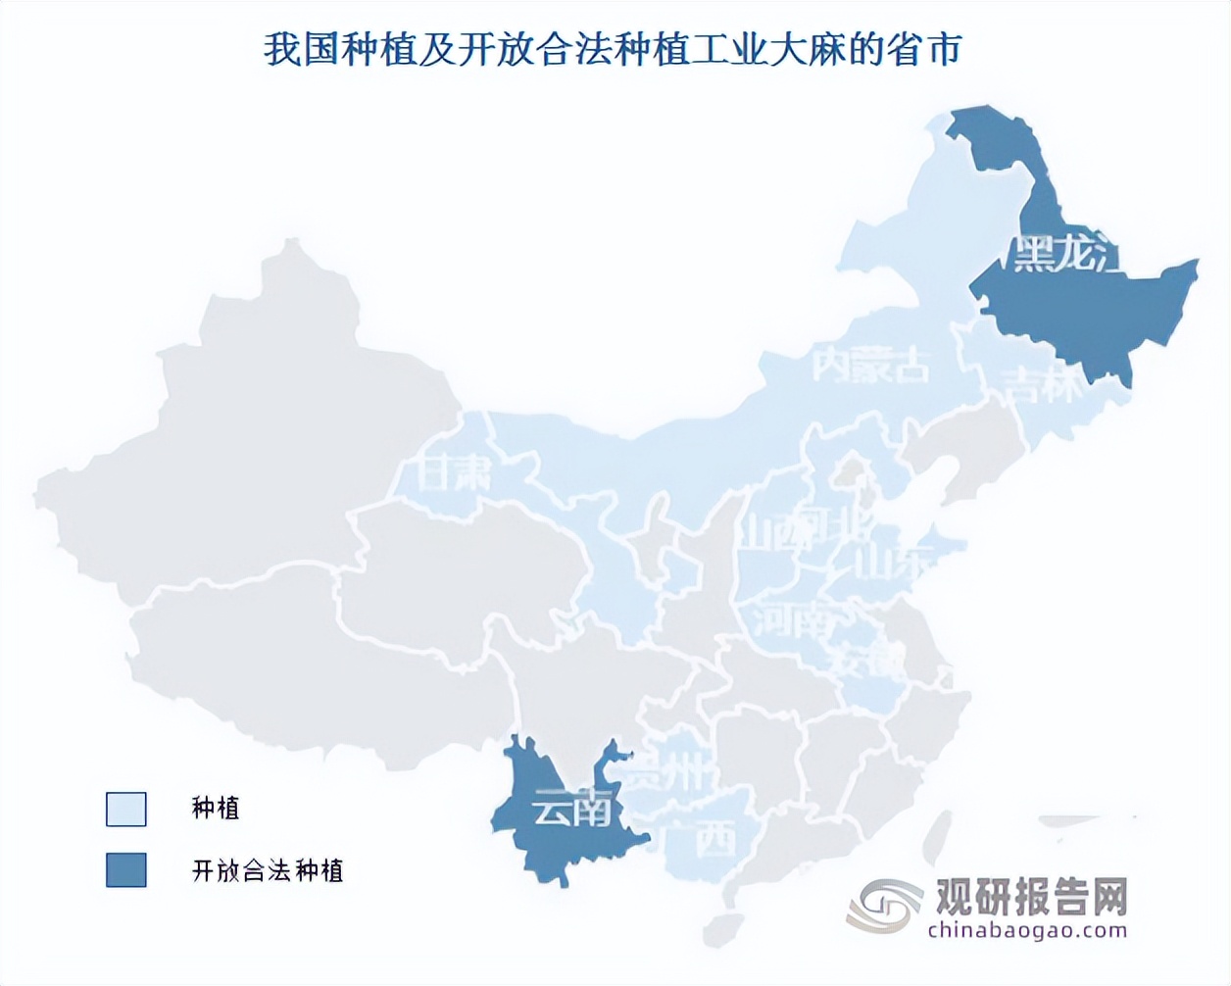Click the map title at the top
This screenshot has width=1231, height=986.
click(614, 50)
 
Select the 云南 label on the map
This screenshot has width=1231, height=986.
click(572, 809)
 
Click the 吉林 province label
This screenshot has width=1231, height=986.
click(1042, 385)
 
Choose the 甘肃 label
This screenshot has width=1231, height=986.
click(454, 475)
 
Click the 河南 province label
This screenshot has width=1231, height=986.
click(793, 619)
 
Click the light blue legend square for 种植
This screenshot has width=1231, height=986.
click(126, 810)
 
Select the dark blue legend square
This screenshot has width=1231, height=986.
click(126, 870)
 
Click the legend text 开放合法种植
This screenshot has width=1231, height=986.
click(268, 870)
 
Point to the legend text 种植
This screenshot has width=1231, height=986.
click(216, 809)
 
